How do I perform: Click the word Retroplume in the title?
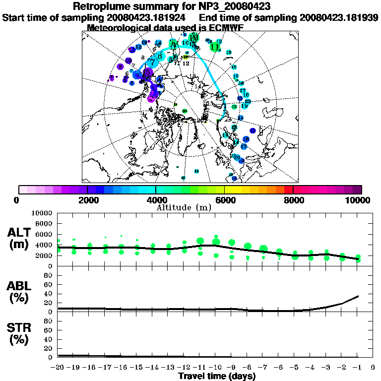click(102, 6)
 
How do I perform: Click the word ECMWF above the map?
click(226, 28)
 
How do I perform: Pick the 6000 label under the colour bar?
click(225, 200)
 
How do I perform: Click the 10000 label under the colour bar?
click(359, 200)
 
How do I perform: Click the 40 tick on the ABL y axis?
click(49, 293)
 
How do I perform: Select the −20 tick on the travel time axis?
click(58, 367)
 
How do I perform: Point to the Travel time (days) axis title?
click(217, 376)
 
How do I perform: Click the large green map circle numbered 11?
click(215, 47)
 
